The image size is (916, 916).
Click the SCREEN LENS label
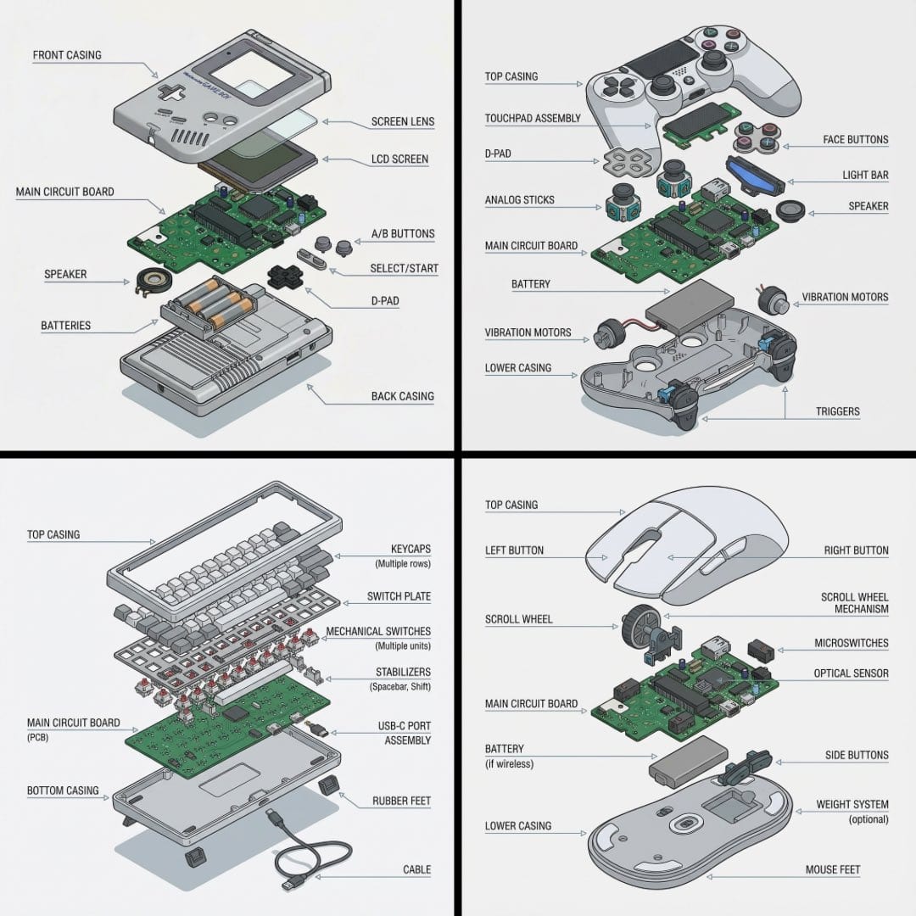click(402, 121)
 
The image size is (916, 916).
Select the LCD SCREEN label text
click(399, 159)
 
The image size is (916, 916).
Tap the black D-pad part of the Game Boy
click(282, 276)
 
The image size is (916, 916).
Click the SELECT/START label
click(404, 269)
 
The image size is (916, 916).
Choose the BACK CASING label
click(402, 396)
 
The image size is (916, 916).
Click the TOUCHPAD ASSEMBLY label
click(533, 119)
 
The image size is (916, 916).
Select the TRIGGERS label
click(837, 412)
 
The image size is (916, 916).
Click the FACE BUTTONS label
click(855, 140)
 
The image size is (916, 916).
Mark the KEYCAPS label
click(411, 550)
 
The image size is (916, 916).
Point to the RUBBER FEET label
click(401, 801)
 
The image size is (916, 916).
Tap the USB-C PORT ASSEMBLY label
click(404, 734)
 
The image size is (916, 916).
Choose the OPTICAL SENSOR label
click(850, 673)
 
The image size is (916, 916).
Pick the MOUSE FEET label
click(833, 870)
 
